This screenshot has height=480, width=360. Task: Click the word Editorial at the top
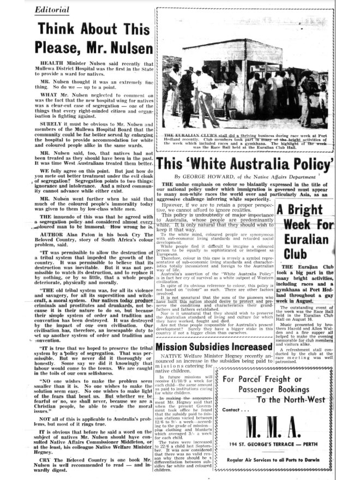(x=55, y=10)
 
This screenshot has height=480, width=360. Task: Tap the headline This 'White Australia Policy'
(x=244, y=163)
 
